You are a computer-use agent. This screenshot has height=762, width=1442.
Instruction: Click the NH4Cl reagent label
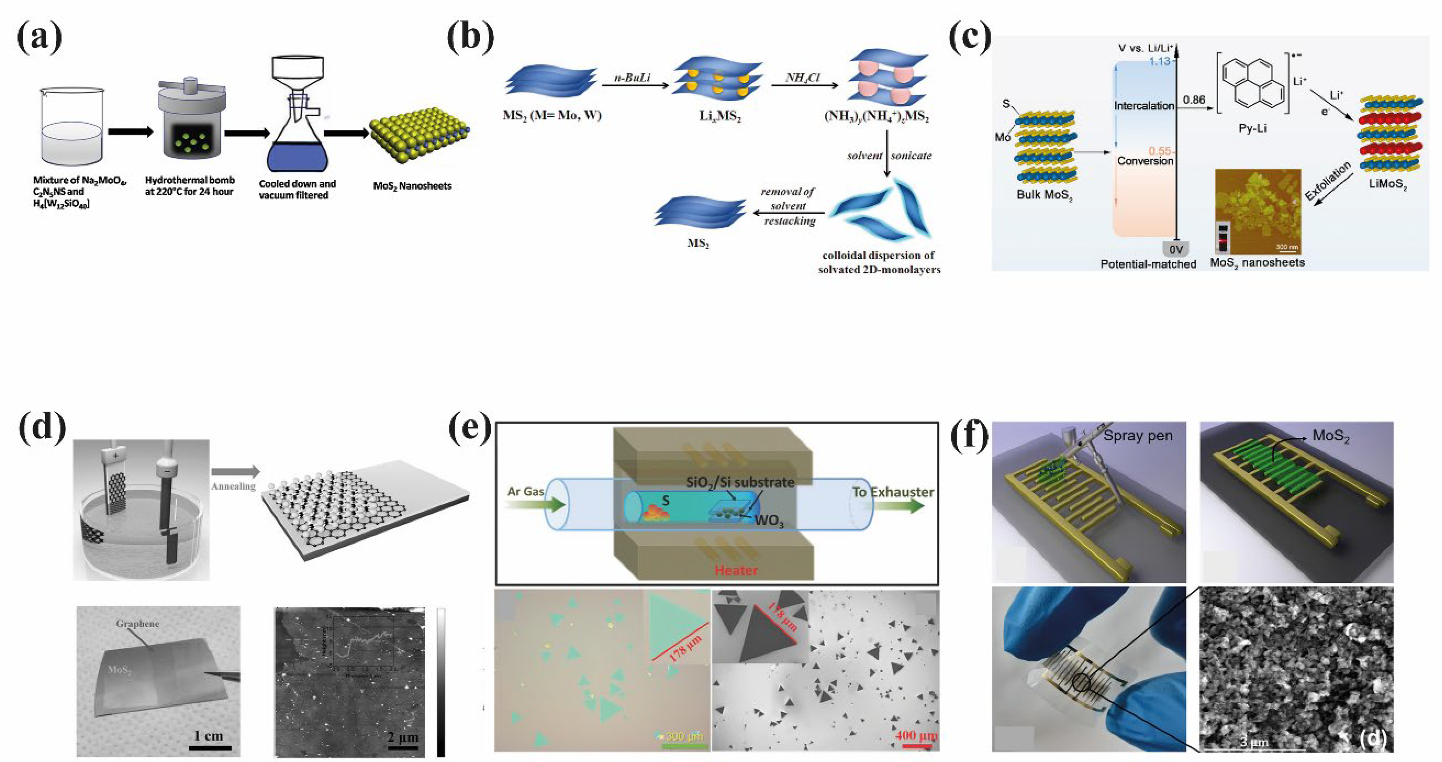pos(802,77)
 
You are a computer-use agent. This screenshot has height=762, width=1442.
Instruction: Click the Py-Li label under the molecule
pos(1252,128)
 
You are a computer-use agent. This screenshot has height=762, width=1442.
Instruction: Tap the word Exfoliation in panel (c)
pos(1328,180)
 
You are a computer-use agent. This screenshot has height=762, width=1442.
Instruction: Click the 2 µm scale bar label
pos(402,737)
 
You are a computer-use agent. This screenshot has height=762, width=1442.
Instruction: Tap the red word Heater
pos(736,570)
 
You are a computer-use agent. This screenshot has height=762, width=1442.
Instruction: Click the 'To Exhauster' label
pos(893,492)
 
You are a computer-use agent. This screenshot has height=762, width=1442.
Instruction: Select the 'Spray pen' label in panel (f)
pos(1137,436)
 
